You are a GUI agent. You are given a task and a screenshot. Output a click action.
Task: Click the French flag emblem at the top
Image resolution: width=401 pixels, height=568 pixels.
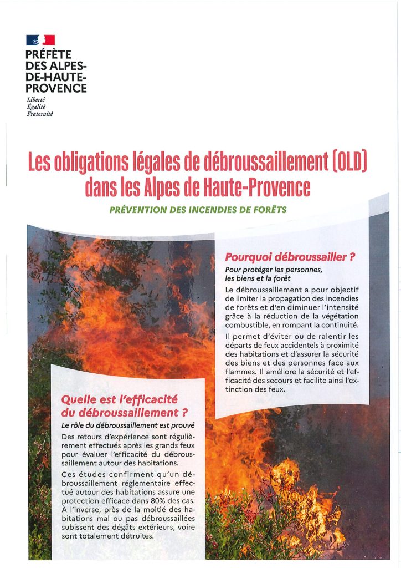tap(40, 40)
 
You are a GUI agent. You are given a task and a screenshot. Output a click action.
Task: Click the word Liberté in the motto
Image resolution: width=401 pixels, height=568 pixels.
tap(35, 100)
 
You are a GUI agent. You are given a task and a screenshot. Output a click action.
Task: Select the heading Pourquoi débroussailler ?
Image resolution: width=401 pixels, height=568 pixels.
tap(290, 257)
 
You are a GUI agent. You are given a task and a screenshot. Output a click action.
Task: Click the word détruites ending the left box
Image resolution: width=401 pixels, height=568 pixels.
tap(131, 537)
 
